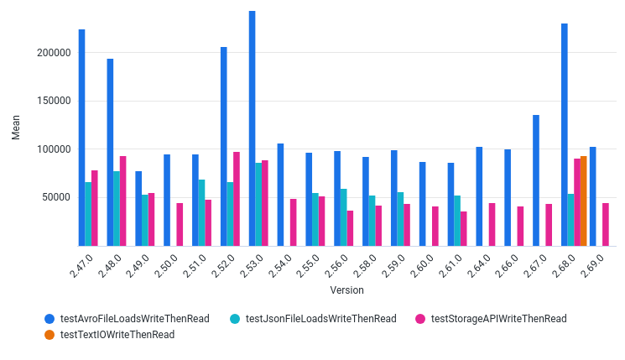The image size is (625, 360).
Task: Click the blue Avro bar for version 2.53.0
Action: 252,128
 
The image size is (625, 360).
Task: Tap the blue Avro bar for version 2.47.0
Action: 81,138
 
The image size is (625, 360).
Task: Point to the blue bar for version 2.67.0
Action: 536,180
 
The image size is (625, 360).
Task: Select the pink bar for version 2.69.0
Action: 606,224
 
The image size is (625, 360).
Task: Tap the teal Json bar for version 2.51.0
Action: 201,212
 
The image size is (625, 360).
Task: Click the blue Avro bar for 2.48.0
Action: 110,152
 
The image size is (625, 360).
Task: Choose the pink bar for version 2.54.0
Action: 294,222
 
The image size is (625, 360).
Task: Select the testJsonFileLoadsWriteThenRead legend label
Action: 320,319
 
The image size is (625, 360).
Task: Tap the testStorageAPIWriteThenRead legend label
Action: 498,319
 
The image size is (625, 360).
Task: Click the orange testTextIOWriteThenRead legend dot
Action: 49,335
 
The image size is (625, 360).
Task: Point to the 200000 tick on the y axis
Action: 53,53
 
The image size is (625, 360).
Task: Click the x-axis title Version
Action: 346,290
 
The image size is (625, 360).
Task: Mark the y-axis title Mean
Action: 16,128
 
